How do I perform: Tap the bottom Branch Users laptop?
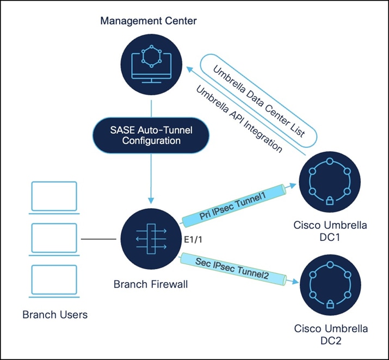coord(53,280)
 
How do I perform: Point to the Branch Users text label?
coord(54,314)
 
